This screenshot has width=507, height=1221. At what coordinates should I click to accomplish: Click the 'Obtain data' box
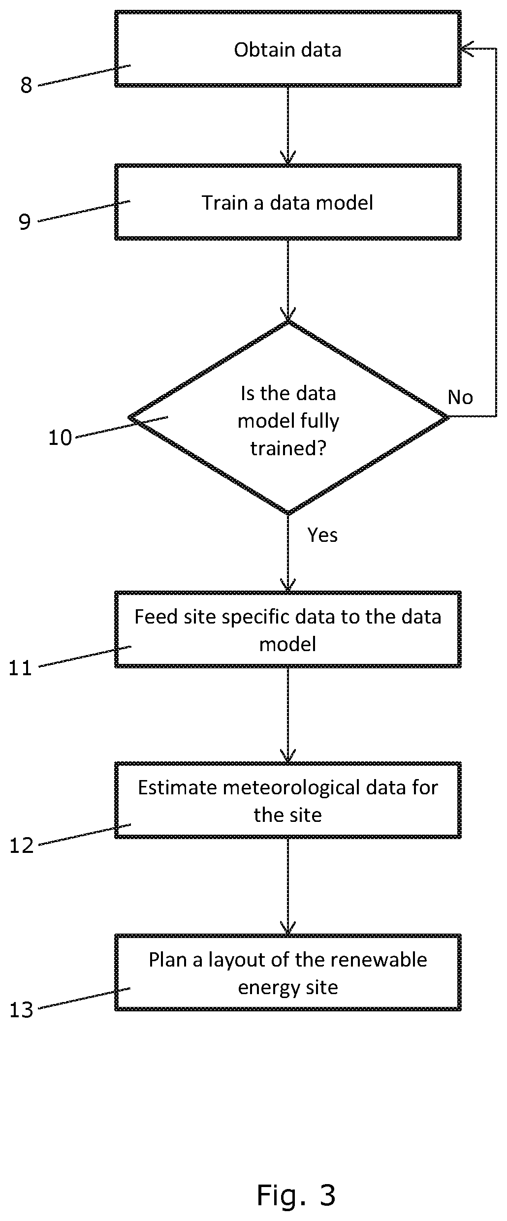[288, 49]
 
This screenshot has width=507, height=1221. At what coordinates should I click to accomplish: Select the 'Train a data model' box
[288, 202]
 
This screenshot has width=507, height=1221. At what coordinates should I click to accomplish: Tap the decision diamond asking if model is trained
[288, 417]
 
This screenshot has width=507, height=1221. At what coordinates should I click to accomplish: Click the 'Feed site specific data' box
[288, 629]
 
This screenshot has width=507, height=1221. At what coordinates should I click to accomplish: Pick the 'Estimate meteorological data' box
[288, 800]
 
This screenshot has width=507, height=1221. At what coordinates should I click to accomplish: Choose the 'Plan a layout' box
[288, 972]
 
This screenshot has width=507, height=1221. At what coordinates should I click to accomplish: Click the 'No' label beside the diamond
[460, 397]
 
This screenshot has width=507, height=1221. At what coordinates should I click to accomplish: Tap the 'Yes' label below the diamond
[322, 535]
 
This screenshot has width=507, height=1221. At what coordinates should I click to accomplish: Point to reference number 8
[26, 86]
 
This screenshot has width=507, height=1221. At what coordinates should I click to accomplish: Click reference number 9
[25, 222]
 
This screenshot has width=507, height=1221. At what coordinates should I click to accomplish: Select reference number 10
[60, 438]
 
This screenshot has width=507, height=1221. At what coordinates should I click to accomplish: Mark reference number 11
[21, 668]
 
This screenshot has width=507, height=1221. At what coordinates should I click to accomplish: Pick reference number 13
[22, 1010]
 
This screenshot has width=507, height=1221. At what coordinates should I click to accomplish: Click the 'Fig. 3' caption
[296, 1194]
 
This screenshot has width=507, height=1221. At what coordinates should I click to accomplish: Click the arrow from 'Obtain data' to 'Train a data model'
[288, 125]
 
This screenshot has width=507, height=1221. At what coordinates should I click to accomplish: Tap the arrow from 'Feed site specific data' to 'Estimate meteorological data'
[288, 715]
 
